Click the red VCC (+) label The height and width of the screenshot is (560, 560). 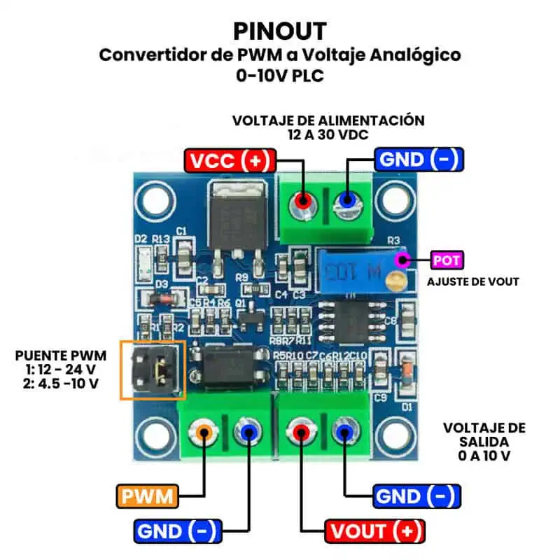[x=230, y=160]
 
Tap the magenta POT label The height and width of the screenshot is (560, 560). [x=447, y=260]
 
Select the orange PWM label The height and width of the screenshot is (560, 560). [x=147, y=496]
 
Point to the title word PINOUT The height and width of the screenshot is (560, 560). [x=279, y=31]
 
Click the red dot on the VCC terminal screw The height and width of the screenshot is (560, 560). [x=302, y=200]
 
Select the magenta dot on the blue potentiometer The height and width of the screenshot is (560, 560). [x=402, y=260]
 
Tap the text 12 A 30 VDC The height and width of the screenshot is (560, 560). [x=328, y=134]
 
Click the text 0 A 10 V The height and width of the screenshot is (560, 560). [x=484, y=456]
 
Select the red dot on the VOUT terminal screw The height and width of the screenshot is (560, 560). [x=302, y=433]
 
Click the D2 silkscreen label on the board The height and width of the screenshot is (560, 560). [x=141, y=239]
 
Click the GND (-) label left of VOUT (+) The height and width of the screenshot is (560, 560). [x=178, y=529]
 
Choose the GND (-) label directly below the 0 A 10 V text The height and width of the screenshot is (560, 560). [x=417, y=496]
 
